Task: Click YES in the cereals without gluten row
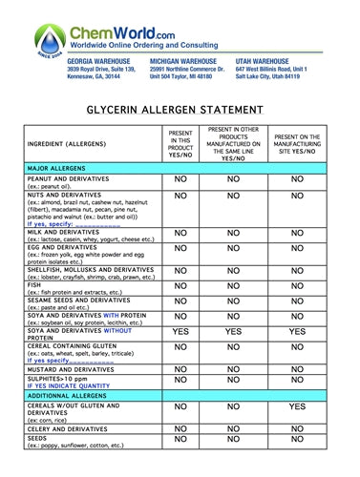click(x=297, y=406)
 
